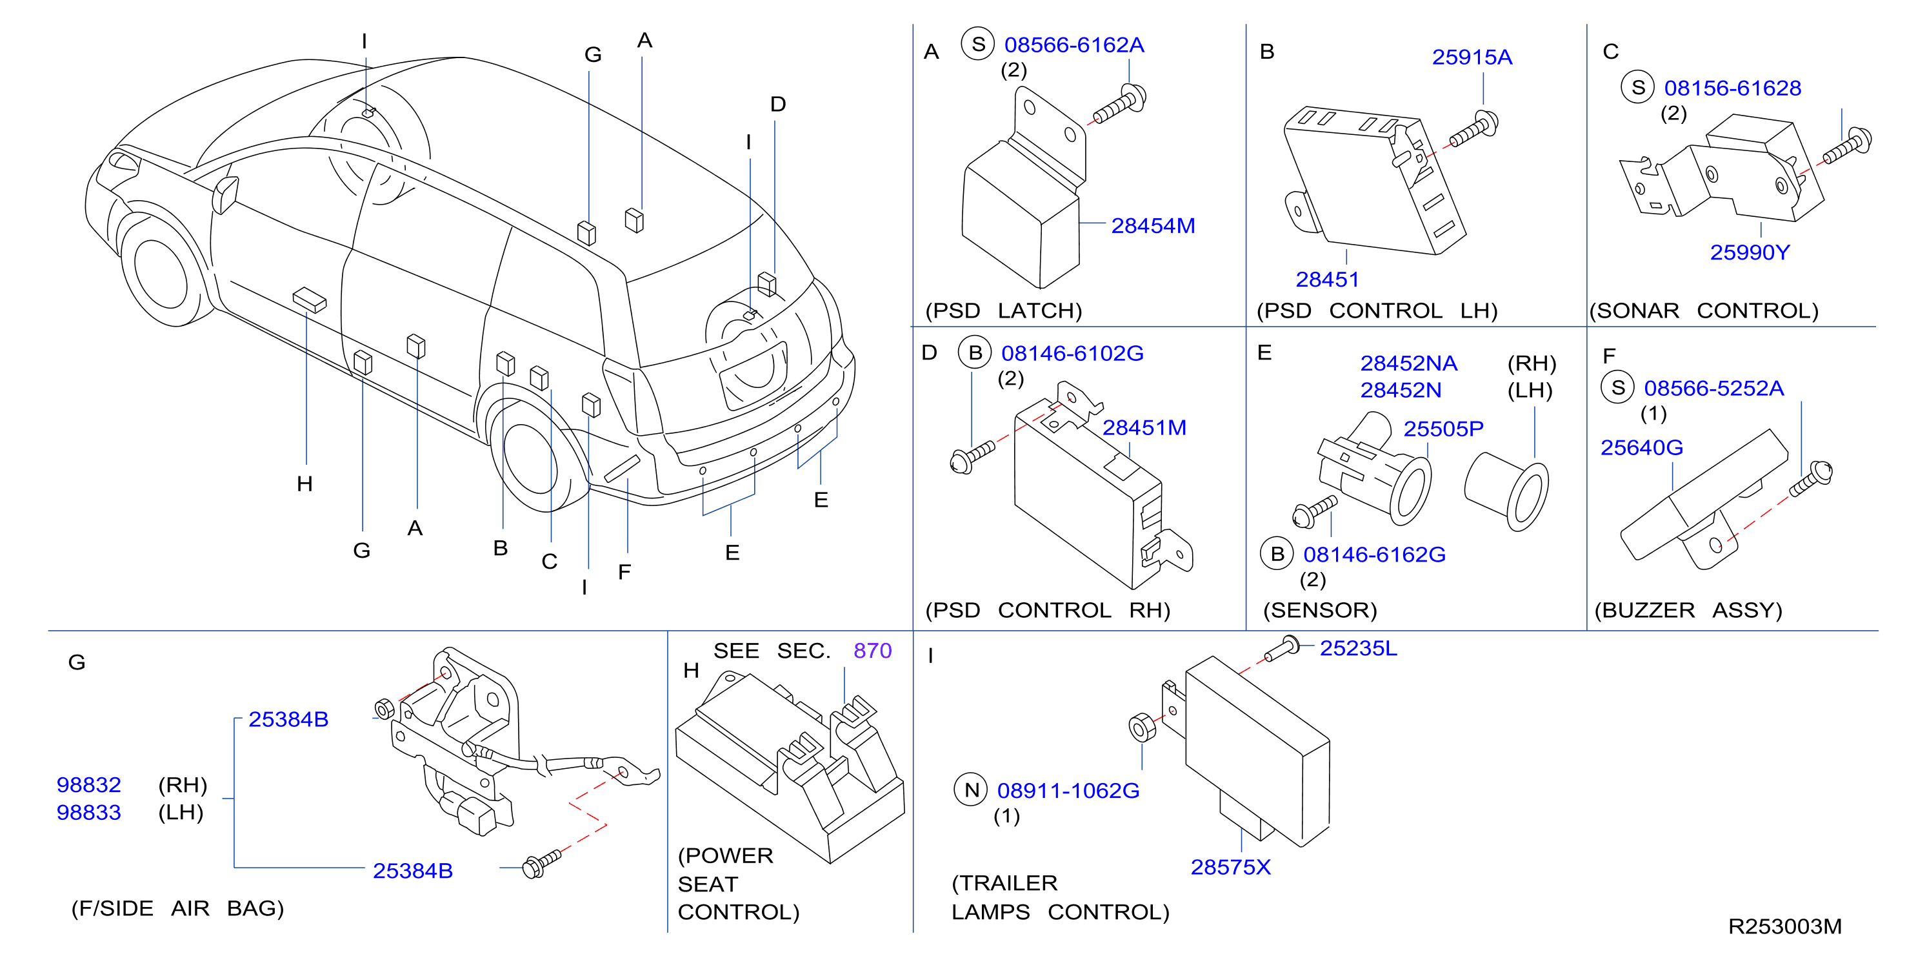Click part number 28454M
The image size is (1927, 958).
coord(1153,225)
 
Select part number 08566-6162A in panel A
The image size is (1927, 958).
coord(1073,45)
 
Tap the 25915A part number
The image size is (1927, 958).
coord(1472,57)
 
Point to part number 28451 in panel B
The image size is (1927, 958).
coord(1327,279)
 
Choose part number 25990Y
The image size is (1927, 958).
coord(1750,252)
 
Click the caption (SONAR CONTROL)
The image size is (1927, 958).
coord(1704,311)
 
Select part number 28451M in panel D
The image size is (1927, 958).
coord(1144,427)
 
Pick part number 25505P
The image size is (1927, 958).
coord(1443,429)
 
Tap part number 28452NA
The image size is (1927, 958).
coord(1408,363)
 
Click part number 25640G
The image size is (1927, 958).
coord(1641,447)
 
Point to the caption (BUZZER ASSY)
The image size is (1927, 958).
coord(1688,610)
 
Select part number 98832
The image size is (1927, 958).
coord(88,784)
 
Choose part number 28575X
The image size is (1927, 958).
coord(1230,867)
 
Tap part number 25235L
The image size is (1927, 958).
coord(1358,648)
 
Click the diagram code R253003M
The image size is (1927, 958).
coord(1785,926)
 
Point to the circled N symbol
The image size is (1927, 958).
coord(972,790)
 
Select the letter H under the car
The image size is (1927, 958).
coord(305,484)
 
